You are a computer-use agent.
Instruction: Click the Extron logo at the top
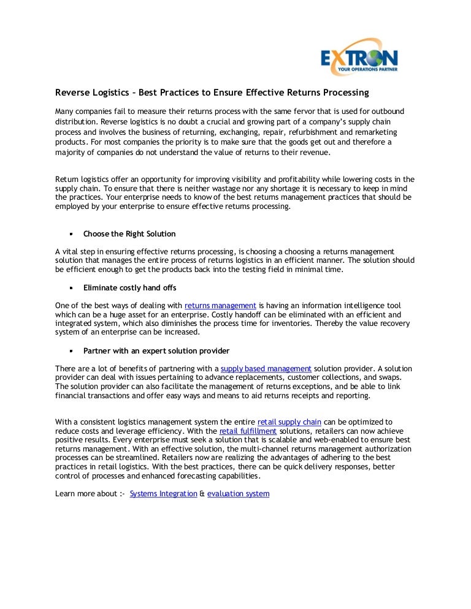[x=359, y=58]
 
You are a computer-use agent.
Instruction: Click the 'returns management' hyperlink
[x=220, y=305]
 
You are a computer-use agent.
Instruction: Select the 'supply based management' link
[x=266, y=369]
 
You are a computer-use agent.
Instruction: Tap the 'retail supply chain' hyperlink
[x=289, y=423]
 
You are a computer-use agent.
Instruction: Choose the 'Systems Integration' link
[x=164, y=494]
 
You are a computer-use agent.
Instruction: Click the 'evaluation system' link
[x=239, y=494]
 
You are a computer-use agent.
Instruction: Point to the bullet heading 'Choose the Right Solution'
[x=129, y=234]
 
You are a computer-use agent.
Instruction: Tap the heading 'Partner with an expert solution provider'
[x=156, y=351]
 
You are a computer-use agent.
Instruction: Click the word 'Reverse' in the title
[x=72, y=93]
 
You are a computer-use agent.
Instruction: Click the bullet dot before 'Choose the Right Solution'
[x=71, y=234]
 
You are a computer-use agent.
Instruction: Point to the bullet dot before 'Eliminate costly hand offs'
[x=71, y=287]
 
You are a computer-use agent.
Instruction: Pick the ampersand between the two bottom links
[x=202, y=494]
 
